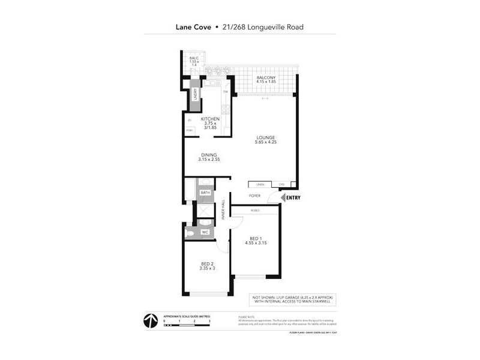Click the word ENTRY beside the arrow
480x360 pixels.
click(293, 198)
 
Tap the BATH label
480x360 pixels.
click(205, 193)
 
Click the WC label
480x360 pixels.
click(205, 232)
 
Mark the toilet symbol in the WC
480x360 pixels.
click(190, 232)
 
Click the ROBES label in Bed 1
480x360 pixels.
click(255, 210)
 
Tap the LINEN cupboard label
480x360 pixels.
click(260, 184)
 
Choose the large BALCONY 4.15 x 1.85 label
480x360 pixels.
click(266, 80)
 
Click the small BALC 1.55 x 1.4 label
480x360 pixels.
click(194, 61)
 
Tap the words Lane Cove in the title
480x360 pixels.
click(193, 27)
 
